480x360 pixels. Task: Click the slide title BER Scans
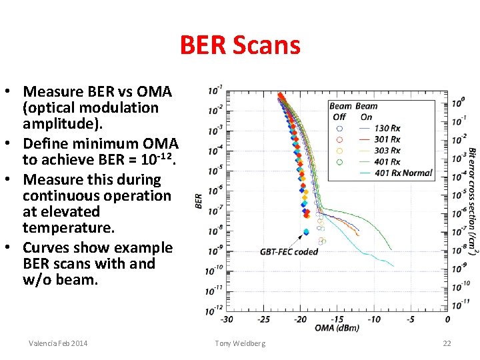240,45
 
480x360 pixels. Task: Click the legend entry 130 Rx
387,128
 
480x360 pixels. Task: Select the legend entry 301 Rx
387,139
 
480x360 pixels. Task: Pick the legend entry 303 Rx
387,151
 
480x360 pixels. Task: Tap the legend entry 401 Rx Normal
403,173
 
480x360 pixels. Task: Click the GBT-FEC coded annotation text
289,251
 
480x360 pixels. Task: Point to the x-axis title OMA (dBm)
336,327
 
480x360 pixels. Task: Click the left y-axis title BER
198,201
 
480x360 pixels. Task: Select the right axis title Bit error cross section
471,200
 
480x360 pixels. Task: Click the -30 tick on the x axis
227,319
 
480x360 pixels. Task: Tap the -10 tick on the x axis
374,319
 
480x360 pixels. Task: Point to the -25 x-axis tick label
264,319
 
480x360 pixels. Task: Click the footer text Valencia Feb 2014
58,343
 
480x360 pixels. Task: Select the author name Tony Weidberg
240,343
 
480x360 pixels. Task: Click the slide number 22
447,343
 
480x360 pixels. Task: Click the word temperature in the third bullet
69,228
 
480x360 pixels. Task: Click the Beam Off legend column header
341,111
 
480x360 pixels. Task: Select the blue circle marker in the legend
339,128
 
